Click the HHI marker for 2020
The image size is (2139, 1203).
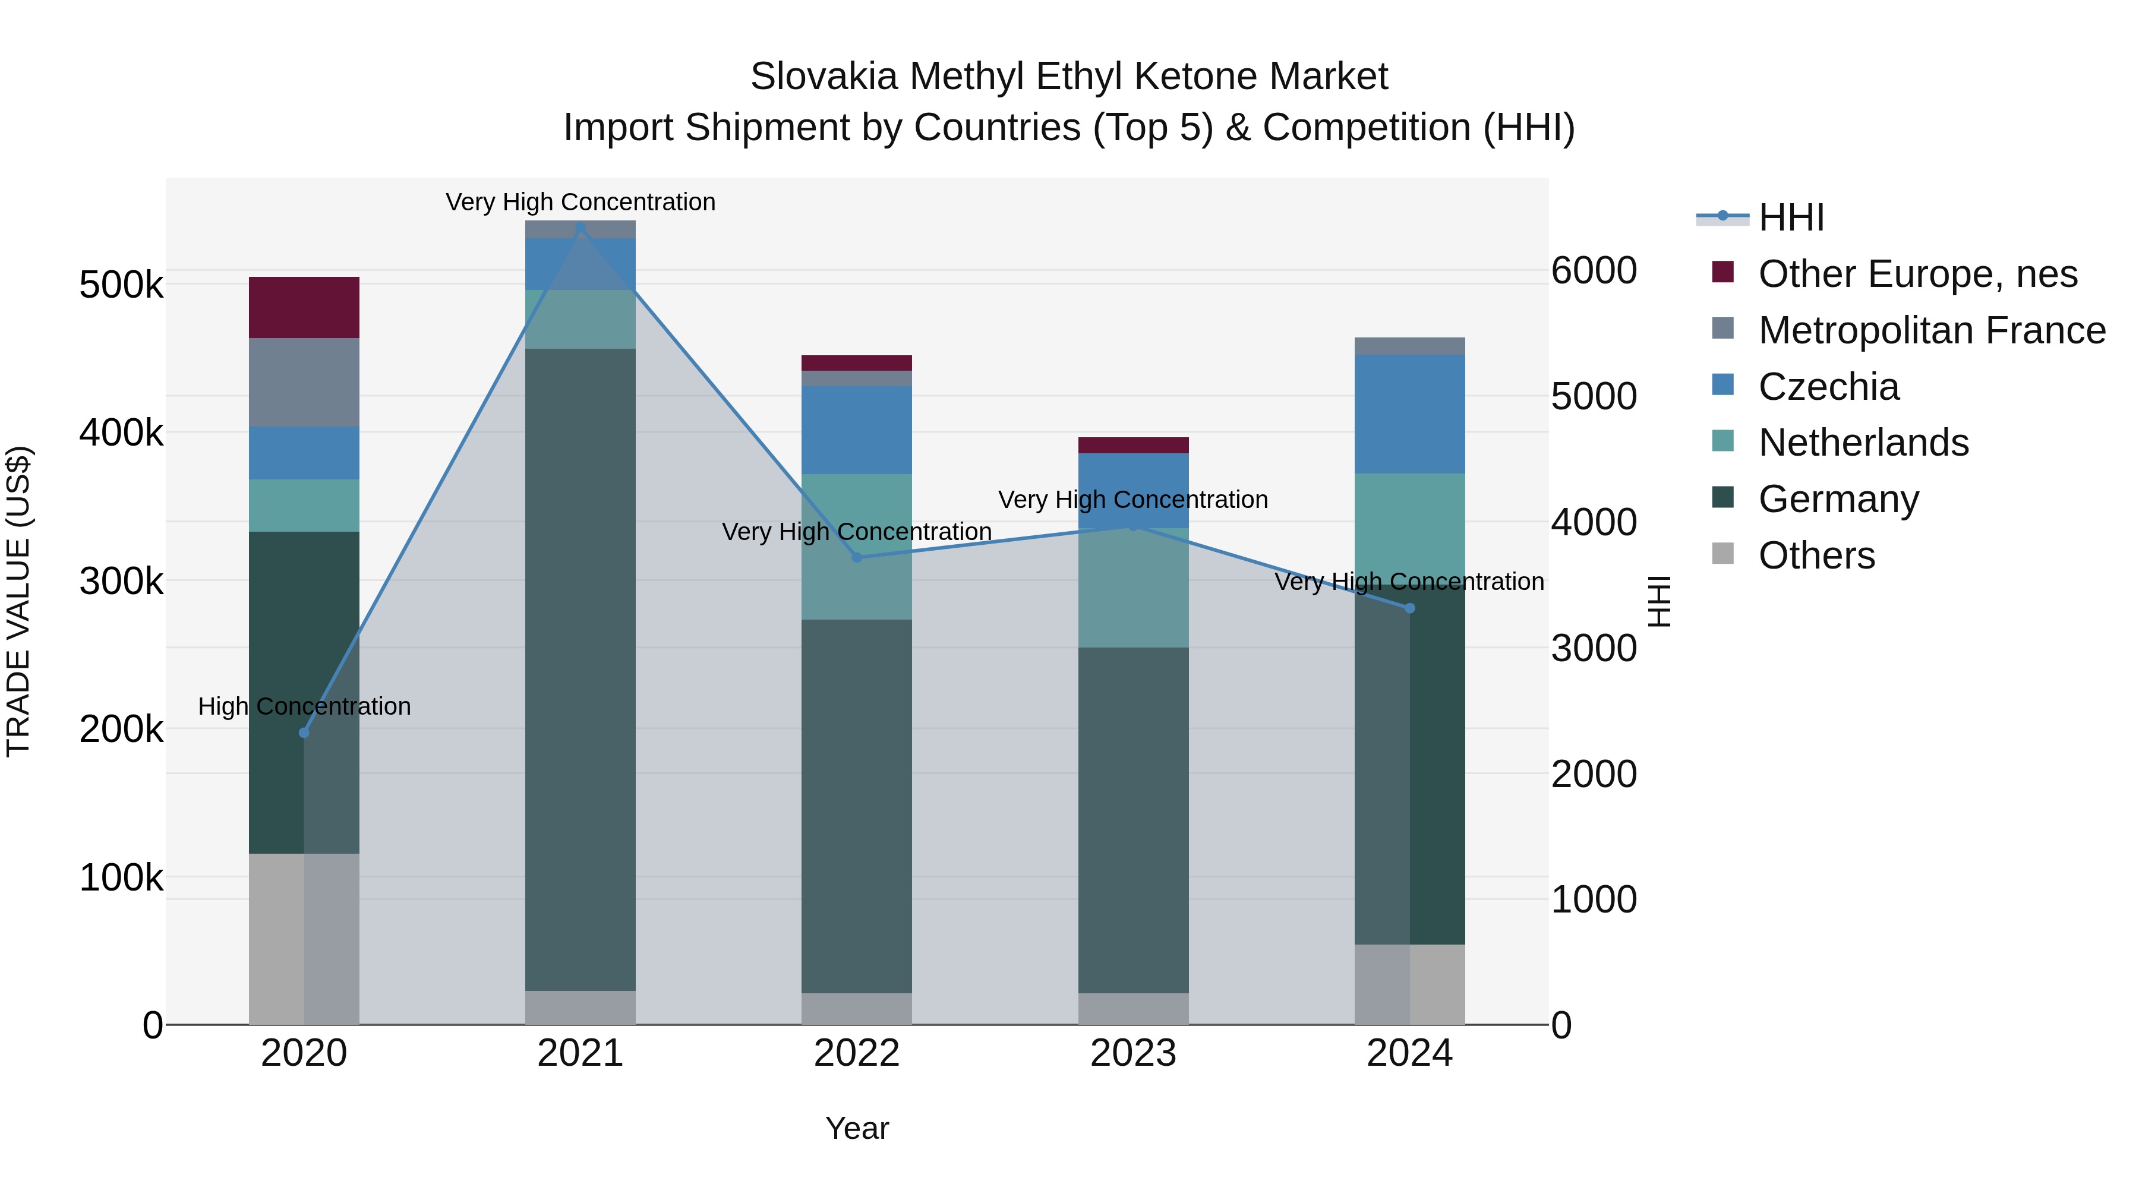pos(304,732)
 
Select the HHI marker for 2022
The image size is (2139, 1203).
pos(857,557)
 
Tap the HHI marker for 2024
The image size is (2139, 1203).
pos(1409,608)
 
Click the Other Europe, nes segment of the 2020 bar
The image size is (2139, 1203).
pos(304,307)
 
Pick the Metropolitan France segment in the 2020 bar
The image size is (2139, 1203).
pos(304,382)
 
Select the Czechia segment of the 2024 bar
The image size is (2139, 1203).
pos(1409,413)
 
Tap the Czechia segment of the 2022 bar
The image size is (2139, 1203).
pos(857,430)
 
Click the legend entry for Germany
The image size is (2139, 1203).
pos(1838,499)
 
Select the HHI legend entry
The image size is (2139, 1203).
pos(1790,217)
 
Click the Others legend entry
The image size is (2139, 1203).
pos(1816,555)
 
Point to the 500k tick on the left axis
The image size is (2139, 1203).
pos(121,285)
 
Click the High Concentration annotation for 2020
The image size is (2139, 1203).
pos(304,706)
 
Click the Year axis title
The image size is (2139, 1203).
pos(857,1128)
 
